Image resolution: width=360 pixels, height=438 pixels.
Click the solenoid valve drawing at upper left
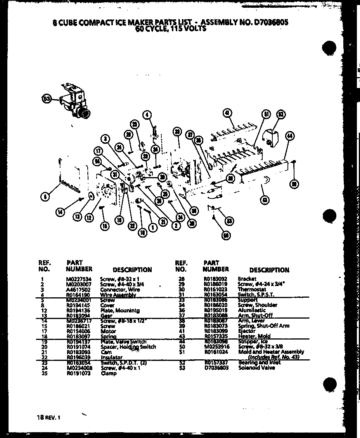tap(75, 102)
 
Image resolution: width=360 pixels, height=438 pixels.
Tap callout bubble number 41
tap(227, 113)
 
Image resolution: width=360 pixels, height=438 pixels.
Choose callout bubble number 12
tap(90, 218)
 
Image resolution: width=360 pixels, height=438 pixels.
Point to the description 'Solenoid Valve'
tap(256, 367)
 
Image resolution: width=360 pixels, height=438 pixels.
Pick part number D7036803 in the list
tap(216, 367)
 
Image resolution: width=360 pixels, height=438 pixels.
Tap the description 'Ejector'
tap(247, 331)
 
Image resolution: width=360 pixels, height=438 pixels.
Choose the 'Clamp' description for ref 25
tap(109, 373)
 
